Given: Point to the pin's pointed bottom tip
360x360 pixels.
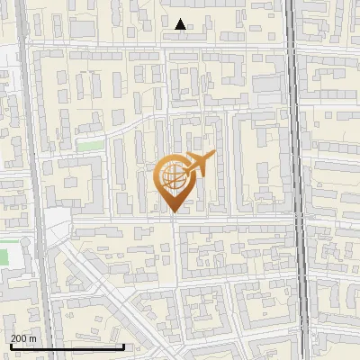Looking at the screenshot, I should (174, 212).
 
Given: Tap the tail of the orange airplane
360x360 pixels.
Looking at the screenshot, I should (184, 170).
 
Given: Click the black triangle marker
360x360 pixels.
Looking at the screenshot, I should (181, 24).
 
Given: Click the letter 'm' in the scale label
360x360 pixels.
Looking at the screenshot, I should (32, 337).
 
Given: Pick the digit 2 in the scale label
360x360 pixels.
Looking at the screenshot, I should (14, 337).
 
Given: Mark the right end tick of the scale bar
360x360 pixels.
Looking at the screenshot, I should (123, 345).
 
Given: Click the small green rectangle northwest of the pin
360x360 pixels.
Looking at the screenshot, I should (88, 144).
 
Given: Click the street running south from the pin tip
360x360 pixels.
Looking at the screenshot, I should (175, 270).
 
